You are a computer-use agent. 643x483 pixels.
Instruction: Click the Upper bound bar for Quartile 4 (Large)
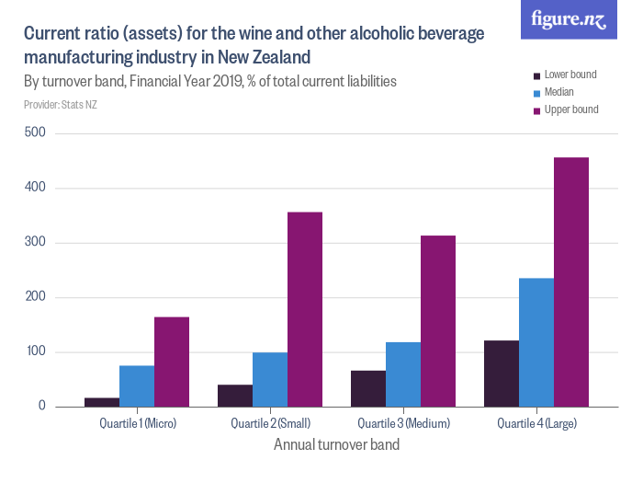pos(571,282)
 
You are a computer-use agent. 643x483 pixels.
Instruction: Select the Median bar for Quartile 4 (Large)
pos(536,342)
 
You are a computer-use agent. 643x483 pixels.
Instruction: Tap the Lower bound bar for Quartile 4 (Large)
pos(502,374)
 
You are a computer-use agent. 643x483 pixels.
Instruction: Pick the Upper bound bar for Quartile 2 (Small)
pos(305,309)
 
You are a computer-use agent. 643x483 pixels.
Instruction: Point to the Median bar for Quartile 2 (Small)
pos(270,379)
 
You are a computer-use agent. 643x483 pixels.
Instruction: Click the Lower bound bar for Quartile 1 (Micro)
pos(102,402)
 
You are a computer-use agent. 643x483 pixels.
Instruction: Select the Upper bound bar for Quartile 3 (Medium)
pos(438,321)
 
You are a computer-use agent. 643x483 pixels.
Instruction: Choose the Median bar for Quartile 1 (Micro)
pos(137,386)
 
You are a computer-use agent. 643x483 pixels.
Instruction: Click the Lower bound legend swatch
pos(537,75)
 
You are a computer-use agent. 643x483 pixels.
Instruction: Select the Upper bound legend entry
pos(570,109)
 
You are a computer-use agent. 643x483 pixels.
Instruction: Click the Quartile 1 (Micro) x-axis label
pos(137,423)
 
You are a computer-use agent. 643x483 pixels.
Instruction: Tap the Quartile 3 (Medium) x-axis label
pos(403,423)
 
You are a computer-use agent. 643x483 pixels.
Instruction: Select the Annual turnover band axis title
pos(336,444)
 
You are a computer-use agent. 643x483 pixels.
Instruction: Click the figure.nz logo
pos(569,19)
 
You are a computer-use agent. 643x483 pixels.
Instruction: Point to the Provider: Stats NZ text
pos(61,105)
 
